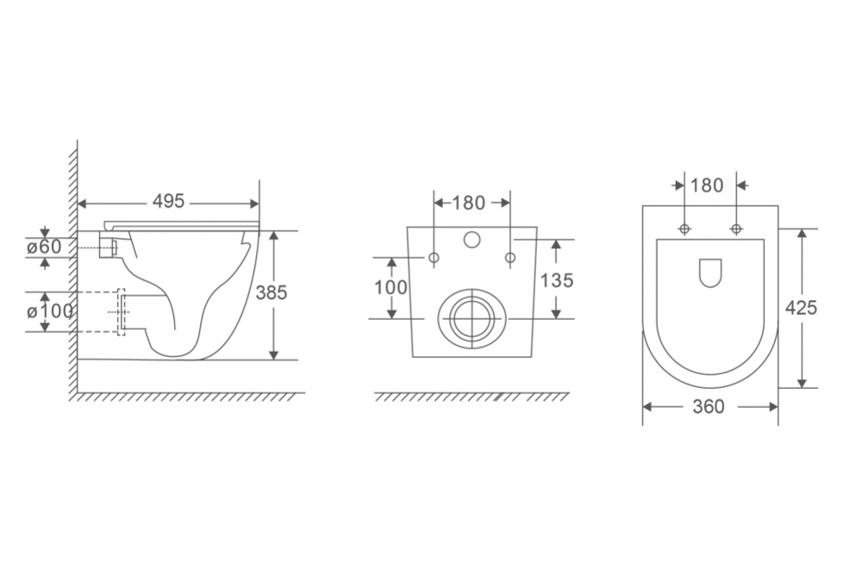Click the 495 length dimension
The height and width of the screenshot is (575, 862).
(x=168, y=202)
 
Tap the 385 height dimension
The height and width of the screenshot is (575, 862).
(x=272, y=292)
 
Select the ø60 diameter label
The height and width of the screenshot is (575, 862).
(x=45, y=247)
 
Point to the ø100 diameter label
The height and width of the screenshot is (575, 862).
(x=49, y=311)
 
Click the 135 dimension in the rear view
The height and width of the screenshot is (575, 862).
(x=556, y=280)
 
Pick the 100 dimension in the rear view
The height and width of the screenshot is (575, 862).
(x=390, y=287)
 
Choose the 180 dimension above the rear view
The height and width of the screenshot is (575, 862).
(x=468, y=203)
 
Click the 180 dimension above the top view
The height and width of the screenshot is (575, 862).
(x=707, y=186)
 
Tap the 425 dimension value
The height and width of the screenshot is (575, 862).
(x=801, y=308)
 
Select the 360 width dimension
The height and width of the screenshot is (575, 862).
(x=709, y=407)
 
